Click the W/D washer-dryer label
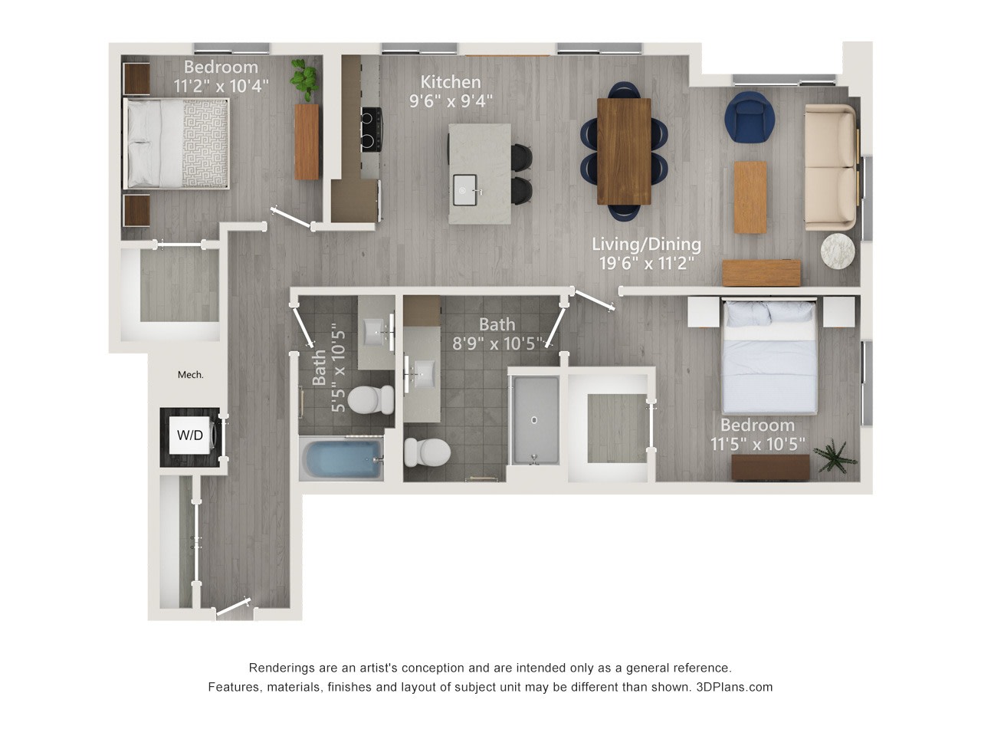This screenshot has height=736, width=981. coord(190,435)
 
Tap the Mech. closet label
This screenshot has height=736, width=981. coord(190,375)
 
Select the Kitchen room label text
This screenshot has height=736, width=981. coord(451,82)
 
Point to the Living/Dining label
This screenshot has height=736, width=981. coord(646,245)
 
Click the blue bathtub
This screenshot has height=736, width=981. coord(342,459)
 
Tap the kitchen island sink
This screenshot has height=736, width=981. coord(465,190)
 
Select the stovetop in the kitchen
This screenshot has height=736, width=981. coord(371,130)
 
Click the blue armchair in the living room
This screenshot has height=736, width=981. coord(750,117)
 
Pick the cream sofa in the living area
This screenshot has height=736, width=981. coord(831,168)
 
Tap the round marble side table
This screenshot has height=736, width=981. coord(838,251)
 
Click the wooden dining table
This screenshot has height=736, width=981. coord(623,151)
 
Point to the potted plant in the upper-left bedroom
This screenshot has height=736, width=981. coord(305,80)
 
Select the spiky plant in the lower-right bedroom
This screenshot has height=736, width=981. coord(835,456)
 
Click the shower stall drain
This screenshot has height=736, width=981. coord(533,420)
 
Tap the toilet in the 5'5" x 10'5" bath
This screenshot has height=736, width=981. coord(370,400)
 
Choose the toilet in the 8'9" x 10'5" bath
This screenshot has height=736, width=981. coord(427,452)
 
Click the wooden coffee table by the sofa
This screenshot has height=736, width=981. coord(750,198)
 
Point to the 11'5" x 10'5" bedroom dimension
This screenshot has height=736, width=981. coord(757,444)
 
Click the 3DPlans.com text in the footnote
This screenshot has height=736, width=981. coord(734,687)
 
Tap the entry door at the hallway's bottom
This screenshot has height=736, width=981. coord(233,608)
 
